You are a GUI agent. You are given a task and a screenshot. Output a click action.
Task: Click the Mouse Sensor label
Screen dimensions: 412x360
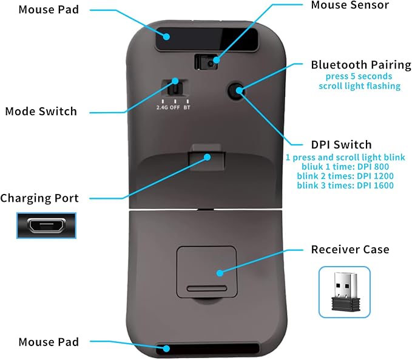(350, 5)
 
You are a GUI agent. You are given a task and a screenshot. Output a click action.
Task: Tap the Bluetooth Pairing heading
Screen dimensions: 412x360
(361, 65)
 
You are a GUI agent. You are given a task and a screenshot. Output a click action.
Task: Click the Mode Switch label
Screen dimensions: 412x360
(41, 112)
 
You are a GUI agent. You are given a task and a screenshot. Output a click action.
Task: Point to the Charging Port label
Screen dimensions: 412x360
(39, 198)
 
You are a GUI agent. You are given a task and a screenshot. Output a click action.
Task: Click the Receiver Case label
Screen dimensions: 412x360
(350, 249)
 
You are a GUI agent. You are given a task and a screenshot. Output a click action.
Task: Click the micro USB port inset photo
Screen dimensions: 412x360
(47, 225)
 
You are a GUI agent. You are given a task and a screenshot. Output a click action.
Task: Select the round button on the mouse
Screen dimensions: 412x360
(236, 91)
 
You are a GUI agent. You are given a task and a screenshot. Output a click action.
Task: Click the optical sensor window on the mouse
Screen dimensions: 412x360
(206, 62)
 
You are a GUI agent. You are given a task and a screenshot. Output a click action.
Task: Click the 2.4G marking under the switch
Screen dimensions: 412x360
(163, 107)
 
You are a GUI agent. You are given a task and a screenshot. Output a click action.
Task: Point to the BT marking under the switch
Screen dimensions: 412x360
(187, 107)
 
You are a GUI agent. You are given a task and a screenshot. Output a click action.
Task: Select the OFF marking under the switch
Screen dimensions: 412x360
(175, 107)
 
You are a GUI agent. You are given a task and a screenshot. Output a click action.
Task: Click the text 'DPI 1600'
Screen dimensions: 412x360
(375, 185)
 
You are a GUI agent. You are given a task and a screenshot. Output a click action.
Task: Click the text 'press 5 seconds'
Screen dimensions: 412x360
(359, 76)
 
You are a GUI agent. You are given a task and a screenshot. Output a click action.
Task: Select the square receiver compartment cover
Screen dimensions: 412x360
(207, 272)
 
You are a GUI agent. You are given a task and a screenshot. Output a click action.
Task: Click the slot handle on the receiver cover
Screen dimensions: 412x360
(207, 288)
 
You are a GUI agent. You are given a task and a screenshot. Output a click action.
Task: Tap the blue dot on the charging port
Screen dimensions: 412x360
(207, 157)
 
